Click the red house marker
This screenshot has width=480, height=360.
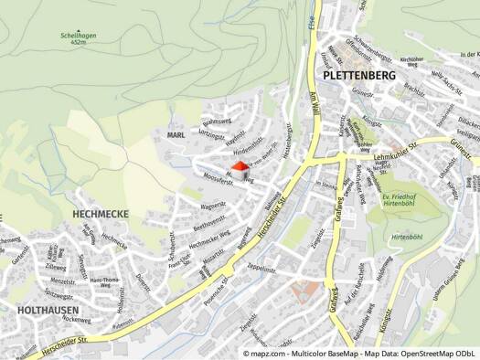tap(241, 169)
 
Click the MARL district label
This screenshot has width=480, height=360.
tap(176, 134)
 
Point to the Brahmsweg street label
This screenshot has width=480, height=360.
tap(219, 122)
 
